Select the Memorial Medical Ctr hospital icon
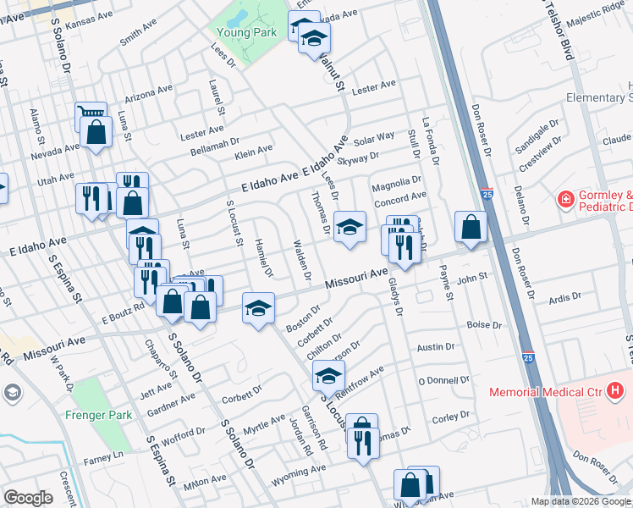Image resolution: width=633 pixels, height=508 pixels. (x=615, y=390)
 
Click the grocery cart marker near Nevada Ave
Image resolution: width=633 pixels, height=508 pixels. (x=90, y=113)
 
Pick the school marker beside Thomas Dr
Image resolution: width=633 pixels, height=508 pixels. (x=350, y=226)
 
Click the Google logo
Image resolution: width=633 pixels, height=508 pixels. (x=28, y=498)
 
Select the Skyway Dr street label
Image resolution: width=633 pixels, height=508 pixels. (x=357, y=157)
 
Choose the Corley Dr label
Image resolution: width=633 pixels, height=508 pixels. (x=450, y=417)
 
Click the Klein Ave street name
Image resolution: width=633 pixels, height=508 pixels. (x=253, y=151)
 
